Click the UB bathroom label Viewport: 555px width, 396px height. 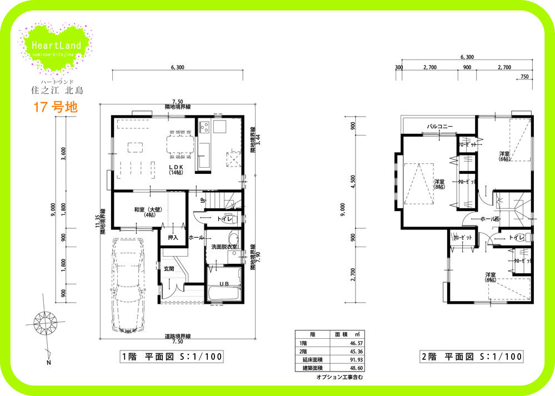[x=224, y=284]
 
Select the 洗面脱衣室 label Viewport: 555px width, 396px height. [x=224, y=247]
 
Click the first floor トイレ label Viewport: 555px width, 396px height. [x=224, y=219]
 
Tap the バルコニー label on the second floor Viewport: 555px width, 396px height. [x=439, y=127]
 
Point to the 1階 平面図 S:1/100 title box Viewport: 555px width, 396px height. [x=172, y=357]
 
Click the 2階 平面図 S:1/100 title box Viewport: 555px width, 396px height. [x=471, y=357]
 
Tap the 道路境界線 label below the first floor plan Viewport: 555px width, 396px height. [x=178, y=337]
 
